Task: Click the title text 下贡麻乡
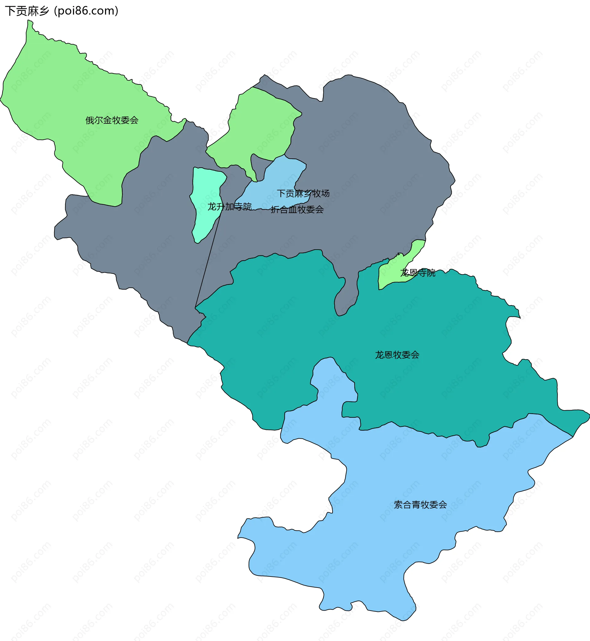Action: click(27, 11)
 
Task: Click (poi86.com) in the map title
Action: click(86, 11)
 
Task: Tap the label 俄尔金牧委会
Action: click(112, 120)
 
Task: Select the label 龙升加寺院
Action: click(230, 207)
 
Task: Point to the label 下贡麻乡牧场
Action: click(303, 193)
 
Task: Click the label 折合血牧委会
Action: click(297, 209)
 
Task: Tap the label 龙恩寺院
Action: click(418, 273)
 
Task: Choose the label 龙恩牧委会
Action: click(397, 355)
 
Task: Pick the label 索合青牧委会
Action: click(420, 505)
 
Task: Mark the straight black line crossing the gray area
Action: click(207, 262)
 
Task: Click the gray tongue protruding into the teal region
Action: click(346, 297)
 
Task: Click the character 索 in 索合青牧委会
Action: click(398, 505)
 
